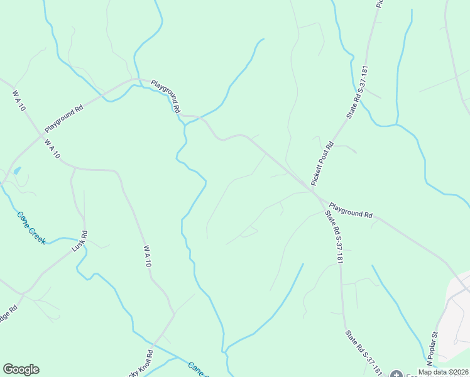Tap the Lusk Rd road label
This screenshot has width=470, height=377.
[79, 241]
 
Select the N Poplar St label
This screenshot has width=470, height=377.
[432, 347]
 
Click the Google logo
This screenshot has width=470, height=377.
[21, 369]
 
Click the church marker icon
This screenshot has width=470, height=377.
[396, 375]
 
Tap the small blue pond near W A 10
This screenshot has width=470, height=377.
[16, 170]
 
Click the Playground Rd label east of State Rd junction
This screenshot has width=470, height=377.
[351, 210]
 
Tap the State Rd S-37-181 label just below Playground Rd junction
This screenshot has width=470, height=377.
[334, 236]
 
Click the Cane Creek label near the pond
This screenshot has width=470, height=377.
[31, 227]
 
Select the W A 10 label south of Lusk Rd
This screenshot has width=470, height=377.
[147, 256]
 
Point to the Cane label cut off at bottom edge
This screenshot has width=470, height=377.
[197, 369]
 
